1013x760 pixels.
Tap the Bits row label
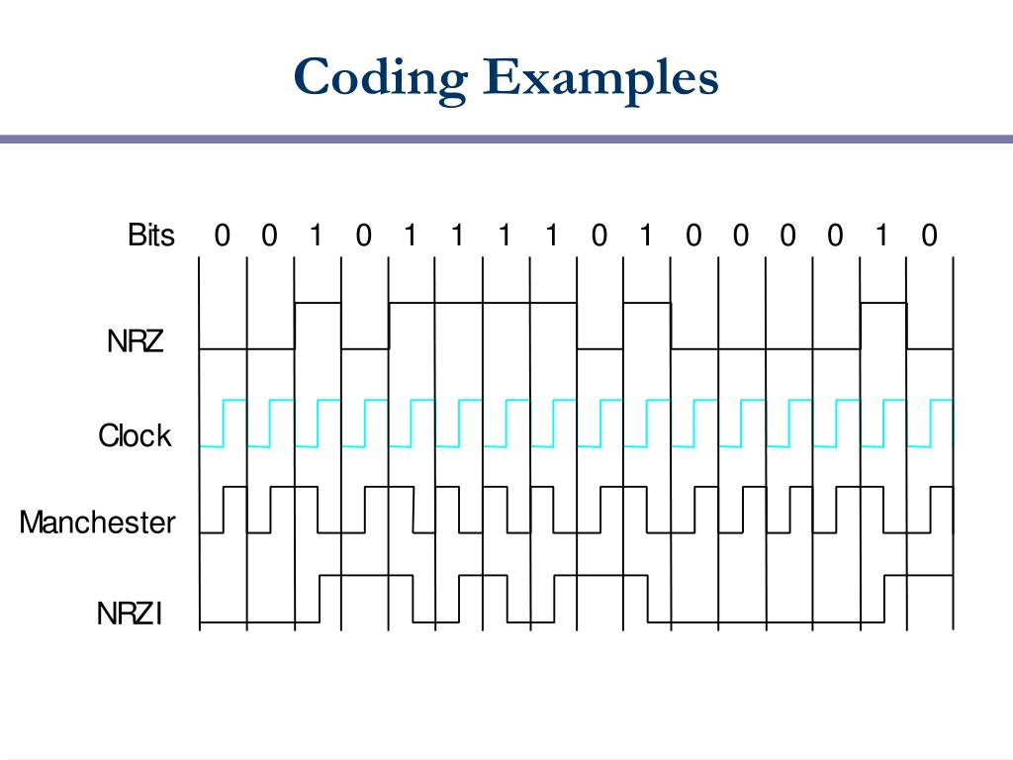tap(151, 236)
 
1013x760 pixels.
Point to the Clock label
tap(135, 435)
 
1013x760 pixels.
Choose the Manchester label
tap(97, 522)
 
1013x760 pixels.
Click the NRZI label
tap(130, 614)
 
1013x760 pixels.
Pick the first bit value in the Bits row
tap(222, 236)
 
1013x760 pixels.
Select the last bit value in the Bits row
tap(929, 236)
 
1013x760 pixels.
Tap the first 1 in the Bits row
tap(316, 236)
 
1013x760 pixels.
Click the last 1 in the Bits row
tap(881, 236)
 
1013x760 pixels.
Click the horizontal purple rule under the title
tap(506, 140)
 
